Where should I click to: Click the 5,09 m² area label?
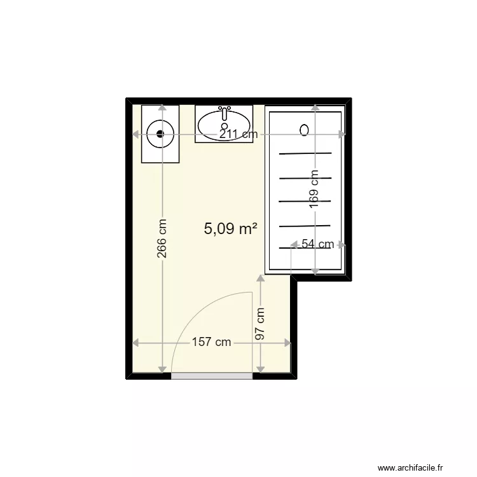point(230,229)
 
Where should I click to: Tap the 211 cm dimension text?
point(239,134)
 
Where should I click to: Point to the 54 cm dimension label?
point(317,244)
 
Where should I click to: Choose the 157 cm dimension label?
point(211,343)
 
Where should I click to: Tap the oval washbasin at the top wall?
point(224,125)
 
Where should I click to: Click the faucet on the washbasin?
point(224,113)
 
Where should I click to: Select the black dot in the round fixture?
point(160,134)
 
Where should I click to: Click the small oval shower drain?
point(305,130)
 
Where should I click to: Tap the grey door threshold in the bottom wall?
point(212,377)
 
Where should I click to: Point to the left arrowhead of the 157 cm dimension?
point(135,343)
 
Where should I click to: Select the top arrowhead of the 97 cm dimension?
point(259,278)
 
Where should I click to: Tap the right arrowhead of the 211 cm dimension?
point(342,134)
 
